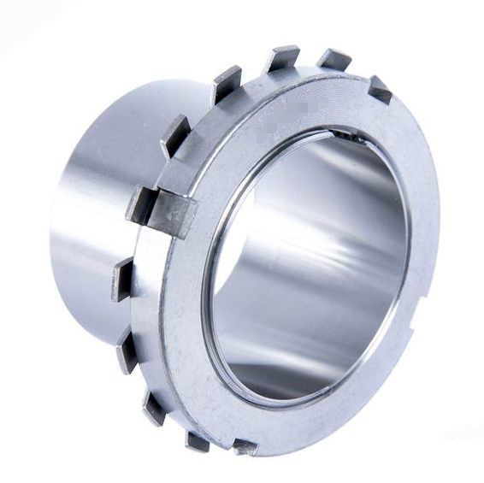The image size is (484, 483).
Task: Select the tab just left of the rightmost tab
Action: point(333,59)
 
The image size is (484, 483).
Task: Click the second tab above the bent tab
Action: point(227,83)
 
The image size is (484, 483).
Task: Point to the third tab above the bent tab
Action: point(280,58)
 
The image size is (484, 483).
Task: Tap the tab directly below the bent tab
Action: point(122,280)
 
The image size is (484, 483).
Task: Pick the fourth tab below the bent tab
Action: point(197,439)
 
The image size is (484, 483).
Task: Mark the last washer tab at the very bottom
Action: point(245,446)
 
